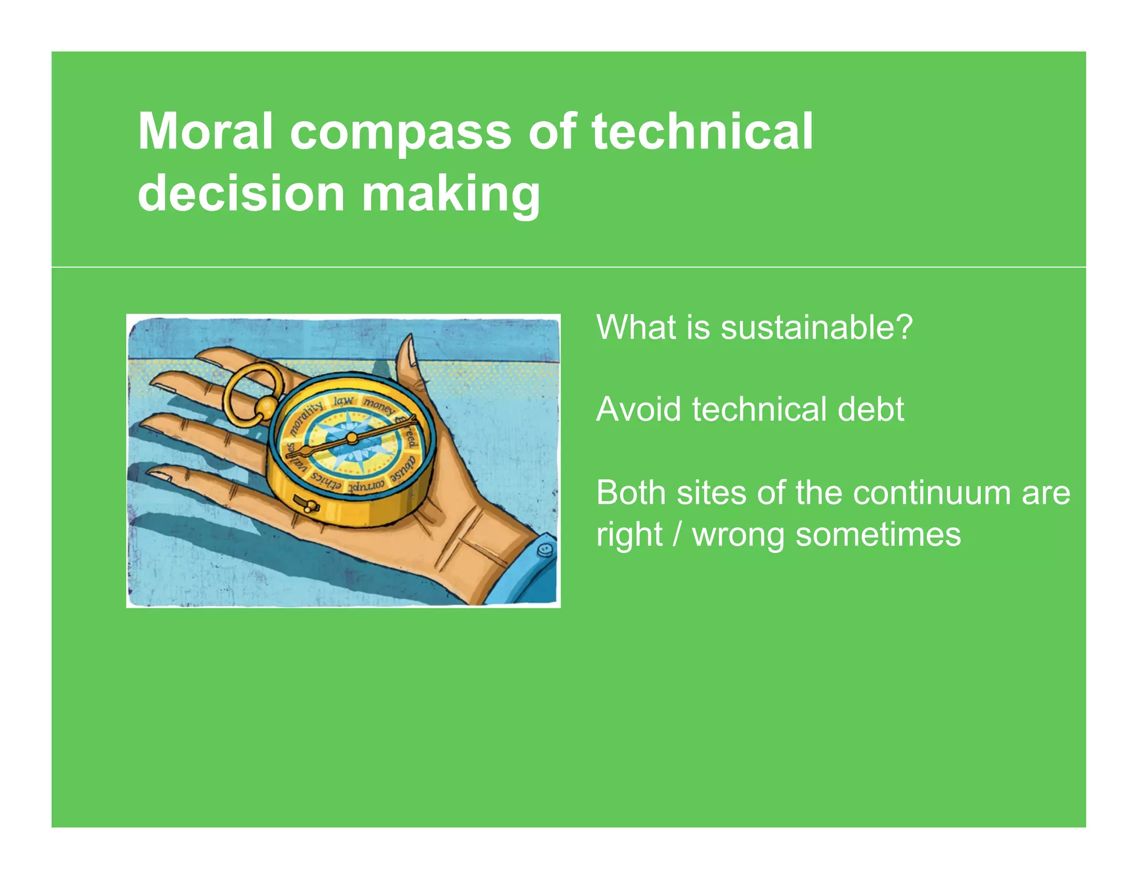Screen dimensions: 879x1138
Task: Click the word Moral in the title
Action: click(205, 132)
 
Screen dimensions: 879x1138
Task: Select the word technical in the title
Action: click(702, 132)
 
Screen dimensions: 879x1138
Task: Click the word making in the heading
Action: click(451, 194)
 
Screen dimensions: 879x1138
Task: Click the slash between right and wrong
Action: click(677, 535)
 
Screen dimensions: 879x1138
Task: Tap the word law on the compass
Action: click(343, 401)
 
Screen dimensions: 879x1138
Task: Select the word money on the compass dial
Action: click(378, 405)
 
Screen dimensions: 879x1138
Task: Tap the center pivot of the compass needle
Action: click(352, 438)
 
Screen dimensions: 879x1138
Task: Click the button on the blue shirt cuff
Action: click(545, 549)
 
